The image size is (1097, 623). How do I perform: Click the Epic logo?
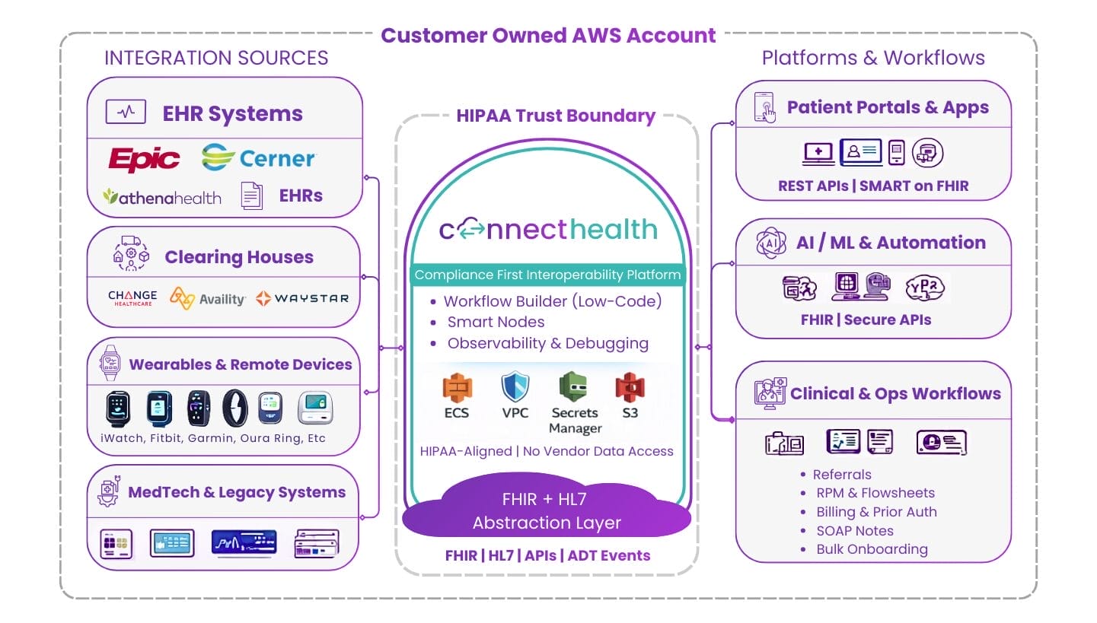pos(144,159)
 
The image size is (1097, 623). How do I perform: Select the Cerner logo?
pos(259,158)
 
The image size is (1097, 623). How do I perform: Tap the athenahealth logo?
pos(162,197)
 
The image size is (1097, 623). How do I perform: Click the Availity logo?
pos(207,298)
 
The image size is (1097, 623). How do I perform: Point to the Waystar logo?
pos(302,298)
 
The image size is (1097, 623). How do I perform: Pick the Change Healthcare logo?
pos(132,298)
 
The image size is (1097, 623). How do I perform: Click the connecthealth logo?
pos(547,230)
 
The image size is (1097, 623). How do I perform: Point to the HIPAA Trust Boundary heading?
pos(556,116)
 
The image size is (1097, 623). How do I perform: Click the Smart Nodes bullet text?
pos(496,322)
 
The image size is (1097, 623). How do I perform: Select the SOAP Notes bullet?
pos(854,531)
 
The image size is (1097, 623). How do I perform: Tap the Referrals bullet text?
pos(842,474)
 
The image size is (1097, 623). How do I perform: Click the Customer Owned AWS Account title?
pos(548,36)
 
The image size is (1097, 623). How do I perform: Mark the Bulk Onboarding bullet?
pos(872,549)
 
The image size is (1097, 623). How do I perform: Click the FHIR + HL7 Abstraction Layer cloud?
pos(547,512)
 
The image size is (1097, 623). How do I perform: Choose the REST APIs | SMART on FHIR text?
pos(873,186)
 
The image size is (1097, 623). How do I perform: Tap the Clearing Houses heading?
pos(239,258)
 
